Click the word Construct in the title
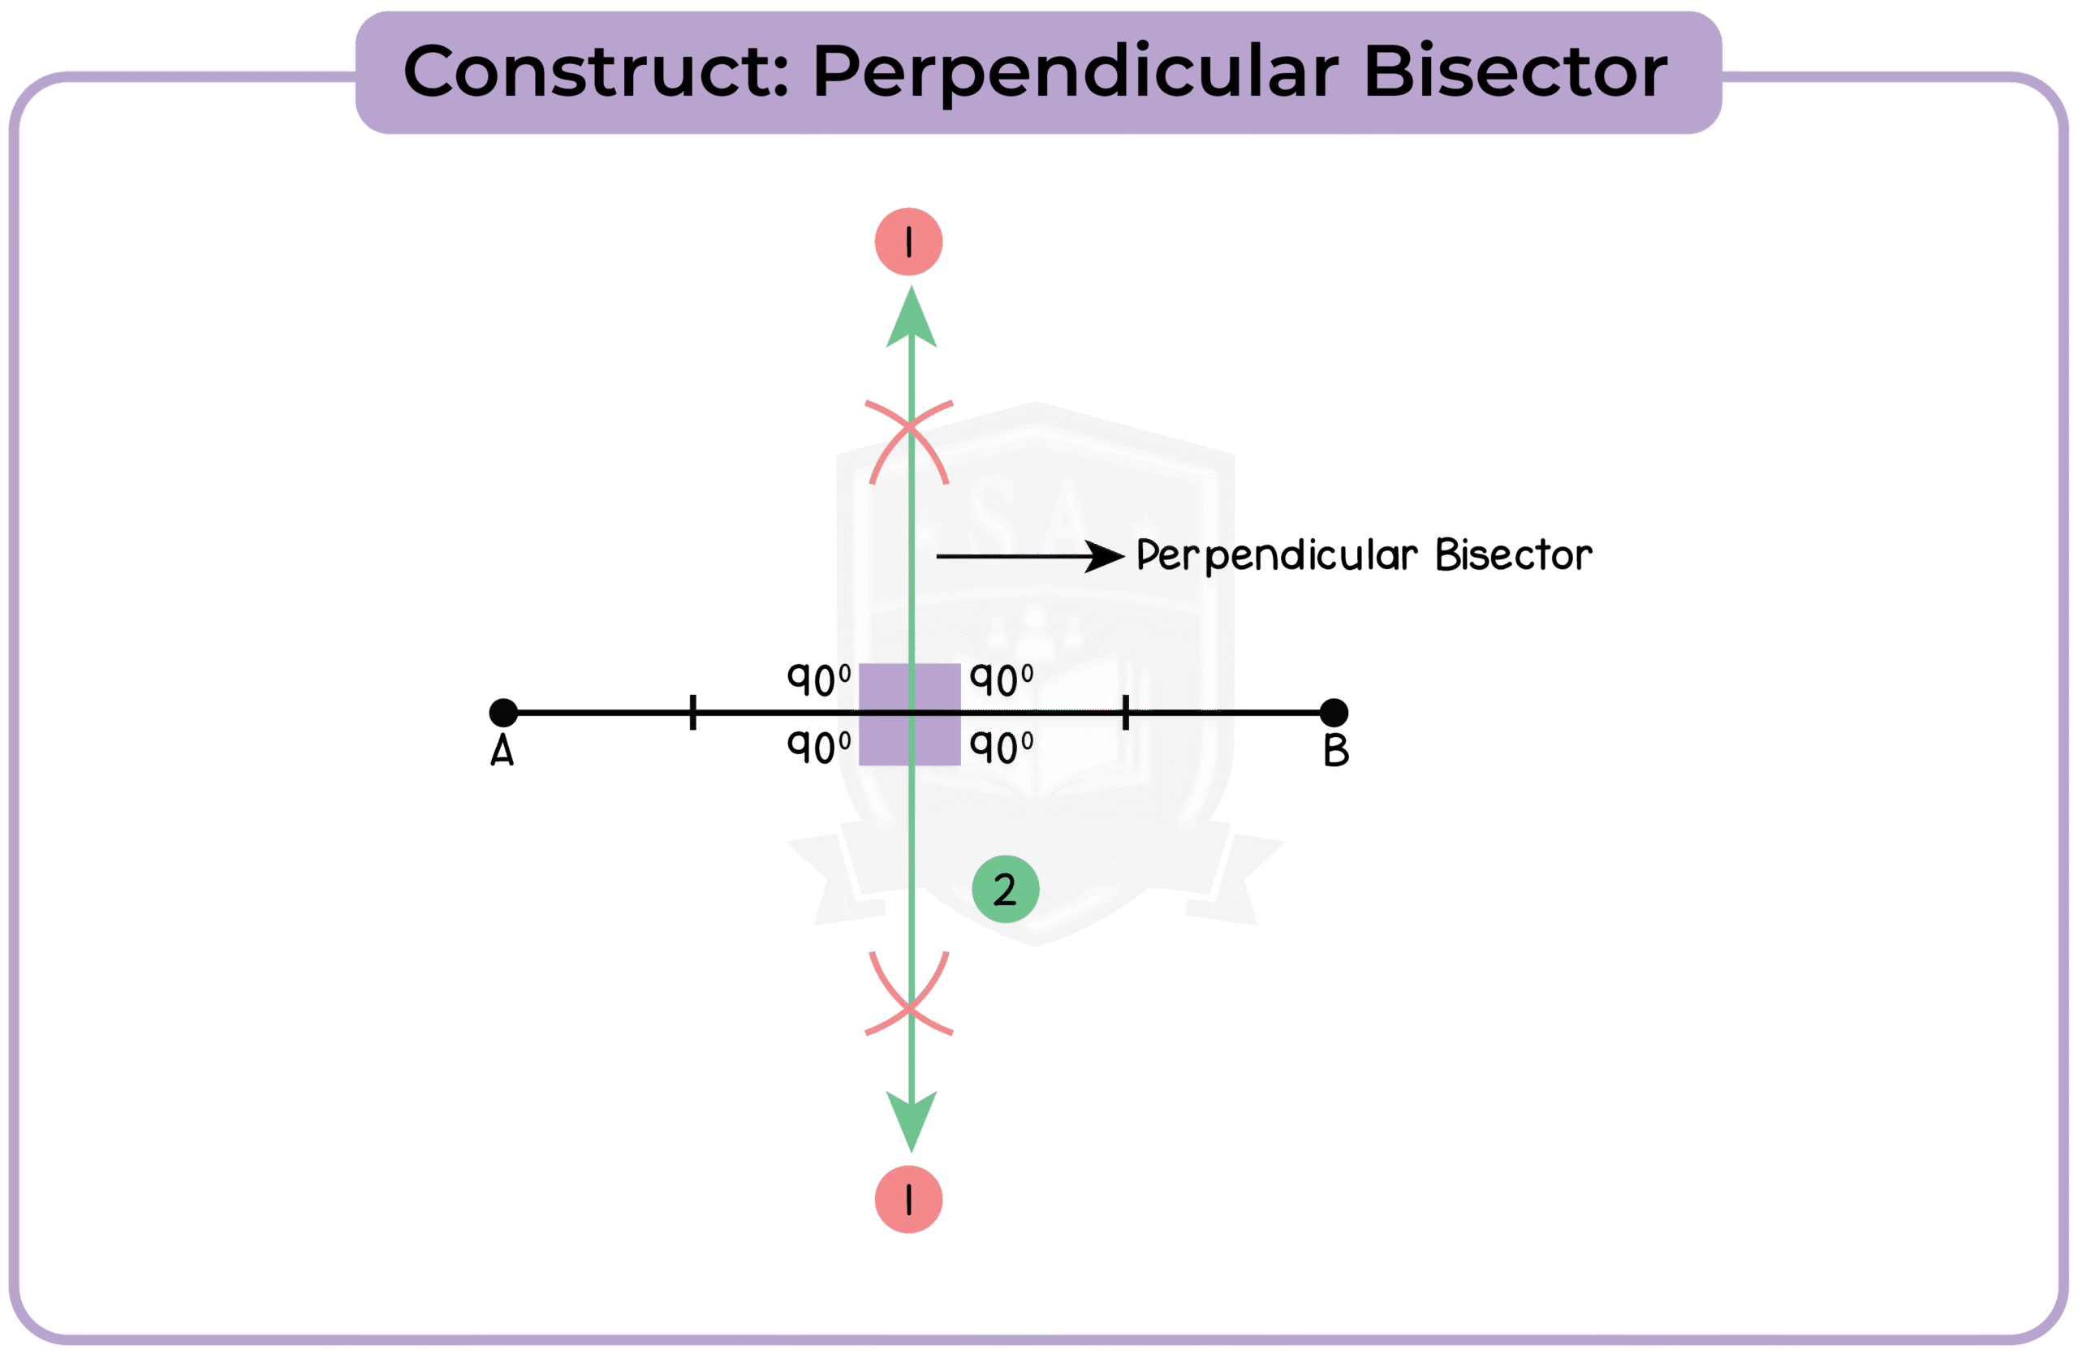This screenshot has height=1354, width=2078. pyautogui.click(x=596, y=71)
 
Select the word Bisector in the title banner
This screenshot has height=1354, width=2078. pyautogui.click(x=1515, y=71)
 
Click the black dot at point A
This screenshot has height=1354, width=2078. pyautogui.click(x=503, y=713)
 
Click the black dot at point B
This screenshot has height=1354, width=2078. pyautogui.click(x=1333, y=713)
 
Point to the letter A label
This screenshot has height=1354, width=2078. pyautogui.click(x=502, y=751)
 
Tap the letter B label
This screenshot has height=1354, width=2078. pyautogui.click(x=1336, y=751)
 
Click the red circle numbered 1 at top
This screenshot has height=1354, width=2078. pyautogui.click(x=909, y=242)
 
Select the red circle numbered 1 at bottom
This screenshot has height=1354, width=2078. pyautogui.click(x=909, y=1200)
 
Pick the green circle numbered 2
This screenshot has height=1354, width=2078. pyautogui.click(x=1005, y=890)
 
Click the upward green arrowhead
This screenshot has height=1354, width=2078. pyautogui.click(x=912, y=320)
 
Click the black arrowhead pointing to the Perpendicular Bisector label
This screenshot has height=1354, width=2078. pyautogui.click(x=1105, y=556)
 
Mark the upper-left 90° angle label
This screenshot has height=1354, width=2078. pyautogui.click(x=819, y=679)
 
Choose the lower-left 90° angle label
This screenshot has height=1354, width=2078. pyautogui.click(x=819, y=748)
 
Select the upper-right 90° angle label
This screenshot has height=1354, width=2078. pyautogui.click(x=1002, y=681)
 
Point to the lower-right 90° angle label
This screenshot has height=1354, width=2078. pyautogui.click(x=1002, y=749)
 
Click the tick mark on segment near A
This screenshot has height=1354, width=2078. pyautogui.click(x=692, y=713)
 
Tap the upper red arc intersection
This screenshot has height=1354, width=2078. pyautogui.click(x=910, y=427)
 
